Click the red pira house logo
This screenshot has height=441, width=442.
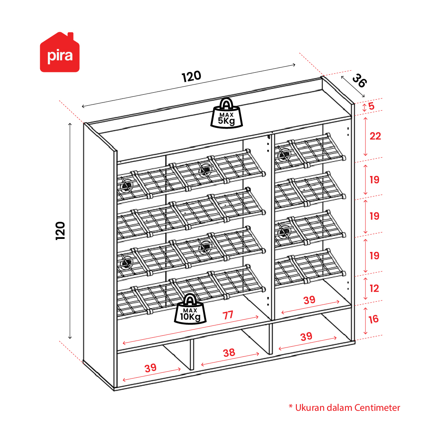pyautogui.click(x=60, y=52)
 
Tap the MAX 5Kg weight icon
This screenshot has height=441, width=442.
pyautogui.click(x=227, y=113)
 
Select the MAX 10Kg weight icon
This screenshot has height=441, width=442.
pyautogui.click(x=190, y=309)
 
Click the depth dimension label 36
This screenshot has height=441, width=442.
pyautogui.click(x=359, y=80)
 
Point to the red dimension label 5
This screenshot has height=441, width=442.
pyautogui.click(x=371, y=106)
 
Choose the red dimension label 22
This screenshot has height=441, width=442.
pyautogui.click(x=375, y=136)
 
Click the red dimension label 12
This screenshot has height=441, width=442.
pyautogui.click(x=375, y=288)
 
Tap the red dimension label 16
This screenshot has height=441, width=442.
pyautogui.click(x=373, y=319)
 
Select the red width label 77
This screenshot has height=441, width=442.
pyautogui.click(x=228, y=315)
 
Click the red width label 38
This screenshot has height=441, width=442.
pyautogui.click(x=229, y=353)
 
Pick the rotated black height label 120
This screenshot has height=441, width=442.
pyautogui.click(x=61, y=231)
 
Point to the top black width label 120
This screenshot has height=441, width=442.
pyautogui.click(x=191, y=76)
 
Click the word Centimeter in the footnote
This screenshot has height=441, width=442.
pyautogui.click(x=377, y=408)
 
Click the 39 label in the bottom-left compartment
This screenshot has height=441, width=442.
pyautogui.click(x=150, y=368)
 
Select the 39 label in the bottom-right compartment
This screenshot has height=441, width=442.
pyautogui.click(x=306, y=336)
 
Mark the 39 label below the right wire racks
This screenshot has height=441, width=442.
pyautogui.click(x=309, y=300)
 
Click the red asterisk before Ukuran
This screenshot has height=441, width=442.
pyautogui.click(x=291, y=406)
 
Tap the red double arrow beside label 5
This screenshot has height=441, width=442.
pyautogui.click(x=364, y=107)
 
